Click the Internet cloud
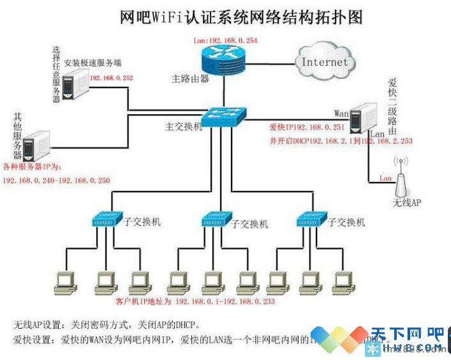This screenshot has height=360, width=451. pyautogui.click(x=325, y=62)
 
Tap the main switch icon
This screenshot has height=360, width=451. pyautogui.click(x=224, y=117)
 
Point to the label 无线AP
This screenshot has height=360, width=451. pyautogui.click(x=407, y=203)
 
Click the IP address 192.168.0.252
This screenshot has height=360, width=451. pyautogui.click(x=112, y=78)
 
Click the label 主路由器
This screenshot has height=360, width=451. pyautogui.click(x=190, y=79)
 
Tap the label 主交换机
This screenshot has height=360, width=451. pyautogui.click(x=184, y=126)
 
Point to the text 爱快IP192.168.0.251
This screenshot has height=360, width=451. pyautogui.click(x=307, y=128)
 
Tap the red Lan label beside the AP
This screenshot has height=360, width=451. pyautogui.click(x=385, y=178)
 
